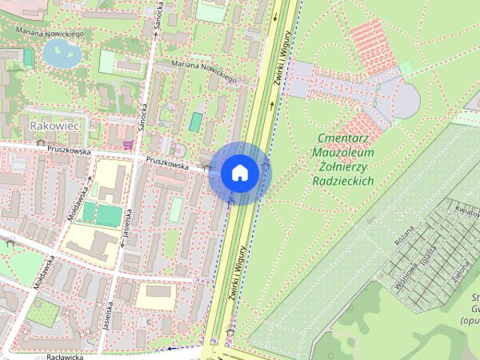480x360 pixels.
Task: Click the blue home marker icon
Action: [239, 172]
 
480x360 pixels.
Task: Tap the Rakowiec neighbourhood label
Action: [54, 126]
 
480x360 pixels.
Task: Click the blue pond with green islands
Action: [59, 52]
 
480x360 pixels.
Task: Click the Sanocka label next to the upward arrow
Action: [157, 22]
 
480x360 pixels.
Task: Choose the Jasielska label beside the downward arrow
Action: [127, 223]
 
